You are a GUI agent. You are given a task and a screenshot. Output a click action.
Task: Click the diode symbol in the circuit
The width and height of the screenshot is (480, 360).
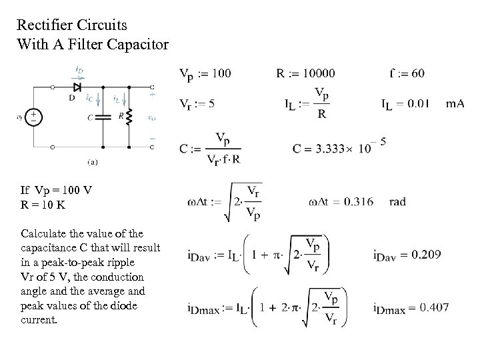coord(78,87)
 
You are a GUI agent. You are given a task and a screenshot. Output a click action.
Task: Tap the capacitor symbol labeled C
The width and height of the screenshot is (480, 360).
coord(103,117)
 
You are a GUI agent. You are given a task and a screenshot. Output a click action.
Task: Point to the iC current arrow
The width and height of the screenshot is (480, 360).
coord(97,101)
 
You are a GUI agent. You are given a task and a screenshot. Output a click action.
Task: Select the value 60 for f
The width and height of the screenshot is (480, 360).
coord(418,73)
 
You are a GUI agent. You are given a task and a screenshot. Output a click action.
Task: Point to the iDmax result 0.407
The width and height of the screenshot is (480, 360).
coord(430,307)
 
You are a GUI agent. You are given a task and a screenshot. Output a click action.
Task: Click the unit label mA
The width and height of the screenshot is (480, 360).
coord(455,103)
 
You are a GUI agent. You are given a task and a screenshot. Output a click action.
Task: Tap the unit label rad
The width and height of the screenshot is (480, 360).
coord(397,201)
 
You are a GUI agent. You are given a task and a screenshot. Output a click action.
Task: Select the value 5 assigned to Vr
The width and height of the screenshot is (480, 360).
coord(211,103)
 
